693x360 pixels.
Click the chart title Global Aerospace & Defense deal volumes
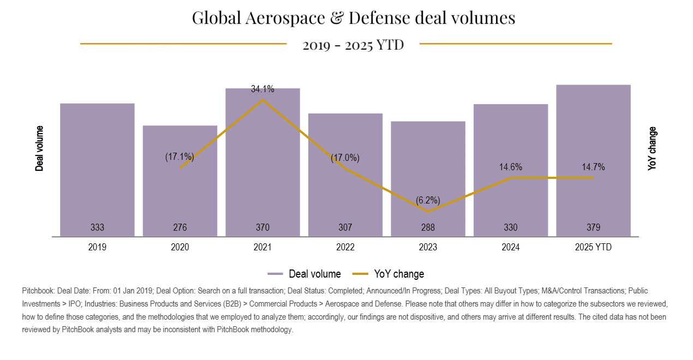pos(353,18)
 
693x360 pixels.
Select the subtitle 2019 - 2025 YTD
pos(353,45)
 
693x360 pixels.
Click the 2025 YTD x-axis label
pos(593,247)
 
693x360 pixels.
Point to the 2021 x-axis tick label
pos(262,247)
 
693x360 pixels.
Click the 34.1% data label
pos(262,89)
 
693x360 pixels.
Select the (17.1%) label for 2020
pos(180,157)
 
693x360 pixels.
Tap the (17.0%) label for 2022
pos(345,158)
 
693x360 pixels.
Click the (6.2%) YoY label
pos(428,200)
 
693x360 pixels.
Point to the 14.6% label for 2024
pos(511,167)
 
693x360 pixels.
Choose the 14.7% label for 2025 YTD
pos(593,167)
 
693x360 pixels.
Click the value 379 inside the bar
pos(593,227)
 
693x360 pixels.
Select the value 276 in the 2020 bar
pos(180,227)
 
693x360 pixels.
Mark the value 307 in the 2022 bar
pos(345,227)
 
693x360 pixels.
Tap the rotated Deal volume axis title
pos(39,148)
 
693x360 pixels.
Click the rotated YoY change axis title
pos(653,148)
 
